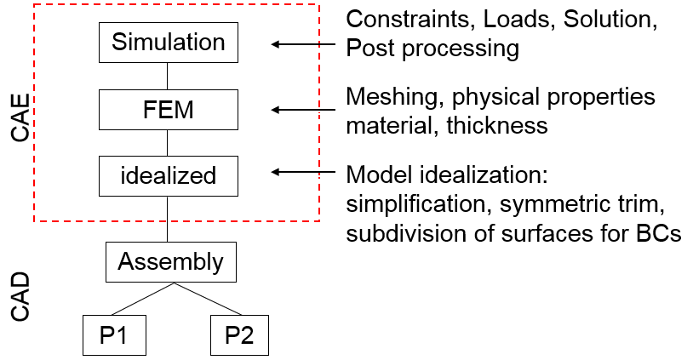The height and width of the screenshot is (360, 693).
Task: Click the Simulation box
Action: (x=169, y=43)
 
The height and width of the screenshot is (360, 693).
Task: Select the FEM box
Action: (x=169, y=109)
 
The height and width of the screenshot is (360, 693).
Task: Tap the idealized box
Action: (x=169, y=175)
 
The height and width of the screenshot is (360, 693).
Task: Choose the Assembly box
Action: (x=170, y=261)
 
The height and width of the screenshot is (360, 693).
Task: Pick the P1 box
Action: (x=114, y=334)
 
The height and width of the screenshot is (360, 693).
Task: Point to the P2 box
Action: (x=239, y=334)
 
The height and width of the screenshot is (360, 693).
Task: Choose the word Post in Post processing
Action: (x=367, y=49)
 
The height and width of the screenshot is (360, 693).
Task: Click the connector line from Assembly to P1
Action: (x=142, y=299)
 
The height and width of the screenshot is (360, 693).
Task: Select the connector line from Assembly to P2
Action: (x=204, y=299)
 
